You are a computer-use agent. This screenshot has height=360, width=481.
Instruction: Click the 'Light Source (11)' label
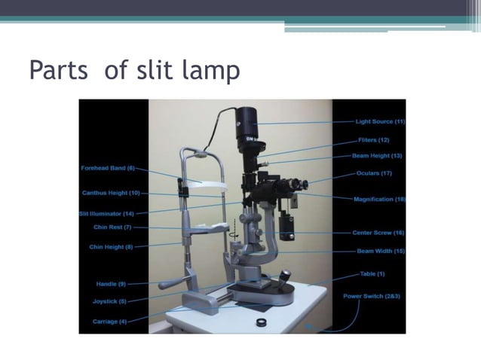pyautogui.click(x=380, y=121)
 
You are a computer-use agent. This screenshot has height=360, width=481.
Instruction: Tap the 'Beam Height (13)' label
pyautogui.click(x=378, y=156)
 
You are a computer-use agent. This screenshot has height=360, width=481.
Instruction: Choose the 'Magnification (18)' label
pyautogui.click(x=379, y=199)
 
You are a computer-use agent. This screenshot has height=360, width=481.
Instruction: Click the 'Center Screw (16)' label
pyautogui.click(x=378, y=233)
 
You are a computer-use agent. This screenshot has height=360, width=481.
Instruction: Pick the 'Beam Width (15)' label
pyautogui.click(x=381, y=251)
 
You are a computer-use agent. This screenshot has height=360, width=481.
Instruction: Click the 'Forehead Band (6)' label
pyautogui.click(x=108, y=168)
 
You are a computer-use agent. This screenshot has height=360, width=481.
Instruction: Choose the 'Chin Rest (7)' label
pyautogui.click(x=112, y=227)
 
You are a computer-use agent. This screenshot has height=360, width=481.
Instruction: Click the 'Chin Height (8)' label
pyautogui.click(x=111, y=246)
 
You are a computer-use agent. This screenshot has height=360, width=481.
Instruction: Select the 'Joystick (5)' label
pyautogui.click(x=112, y=301)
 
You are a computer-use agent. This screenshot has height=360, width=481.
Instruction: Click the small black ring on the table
pyautogui.click(x=261, y=322)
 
